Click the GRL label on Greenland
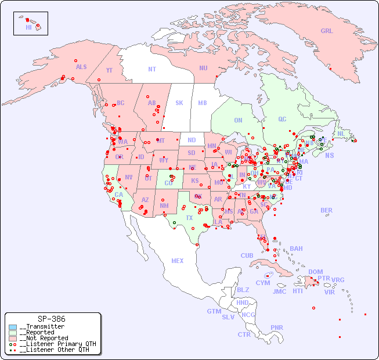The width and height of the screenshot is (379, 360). tap(327, 31)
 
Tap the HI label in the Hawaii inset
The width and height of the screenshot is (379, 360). tap(28, 27)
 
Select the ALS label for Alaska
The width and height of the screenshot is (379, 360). tap(81, 67)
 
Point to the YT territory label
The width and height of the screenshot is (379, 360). tap(109, 70)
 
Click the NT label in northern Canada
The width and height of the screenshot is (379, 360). tap(152, 69)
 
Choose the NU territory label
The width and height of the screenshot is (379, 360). tap(203, 68)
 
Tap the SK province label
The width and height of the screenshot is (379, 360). tap(179, 103)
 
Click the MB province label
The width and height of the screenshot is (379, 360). tap(203, 103)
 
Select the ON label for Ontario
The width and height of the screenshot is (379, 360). tap(238, 120)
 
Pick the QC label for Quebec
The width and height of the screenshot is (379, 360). tap(282, 119)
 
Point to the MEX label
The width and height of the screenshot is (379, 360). tap(178, 261)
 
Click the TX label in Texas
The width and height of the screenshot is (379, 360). tap(189, 218)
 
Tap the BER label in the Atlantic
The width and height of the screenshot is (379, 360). tap(327, 210)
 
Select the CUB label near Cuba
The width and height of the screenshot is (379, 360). tap(247, 255)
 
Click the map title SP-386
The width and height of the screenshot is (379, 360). tap(52, 319)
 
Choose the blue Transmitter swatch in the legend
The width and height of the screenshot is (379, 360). tap(13, 327)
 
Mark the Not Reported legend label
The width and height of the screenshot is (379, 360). tap(44, 338)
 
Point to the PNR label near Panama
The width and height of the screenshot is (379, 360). tap(277, 327)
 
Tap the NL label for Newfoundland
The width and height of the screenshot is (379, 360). tap(341, 133)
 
